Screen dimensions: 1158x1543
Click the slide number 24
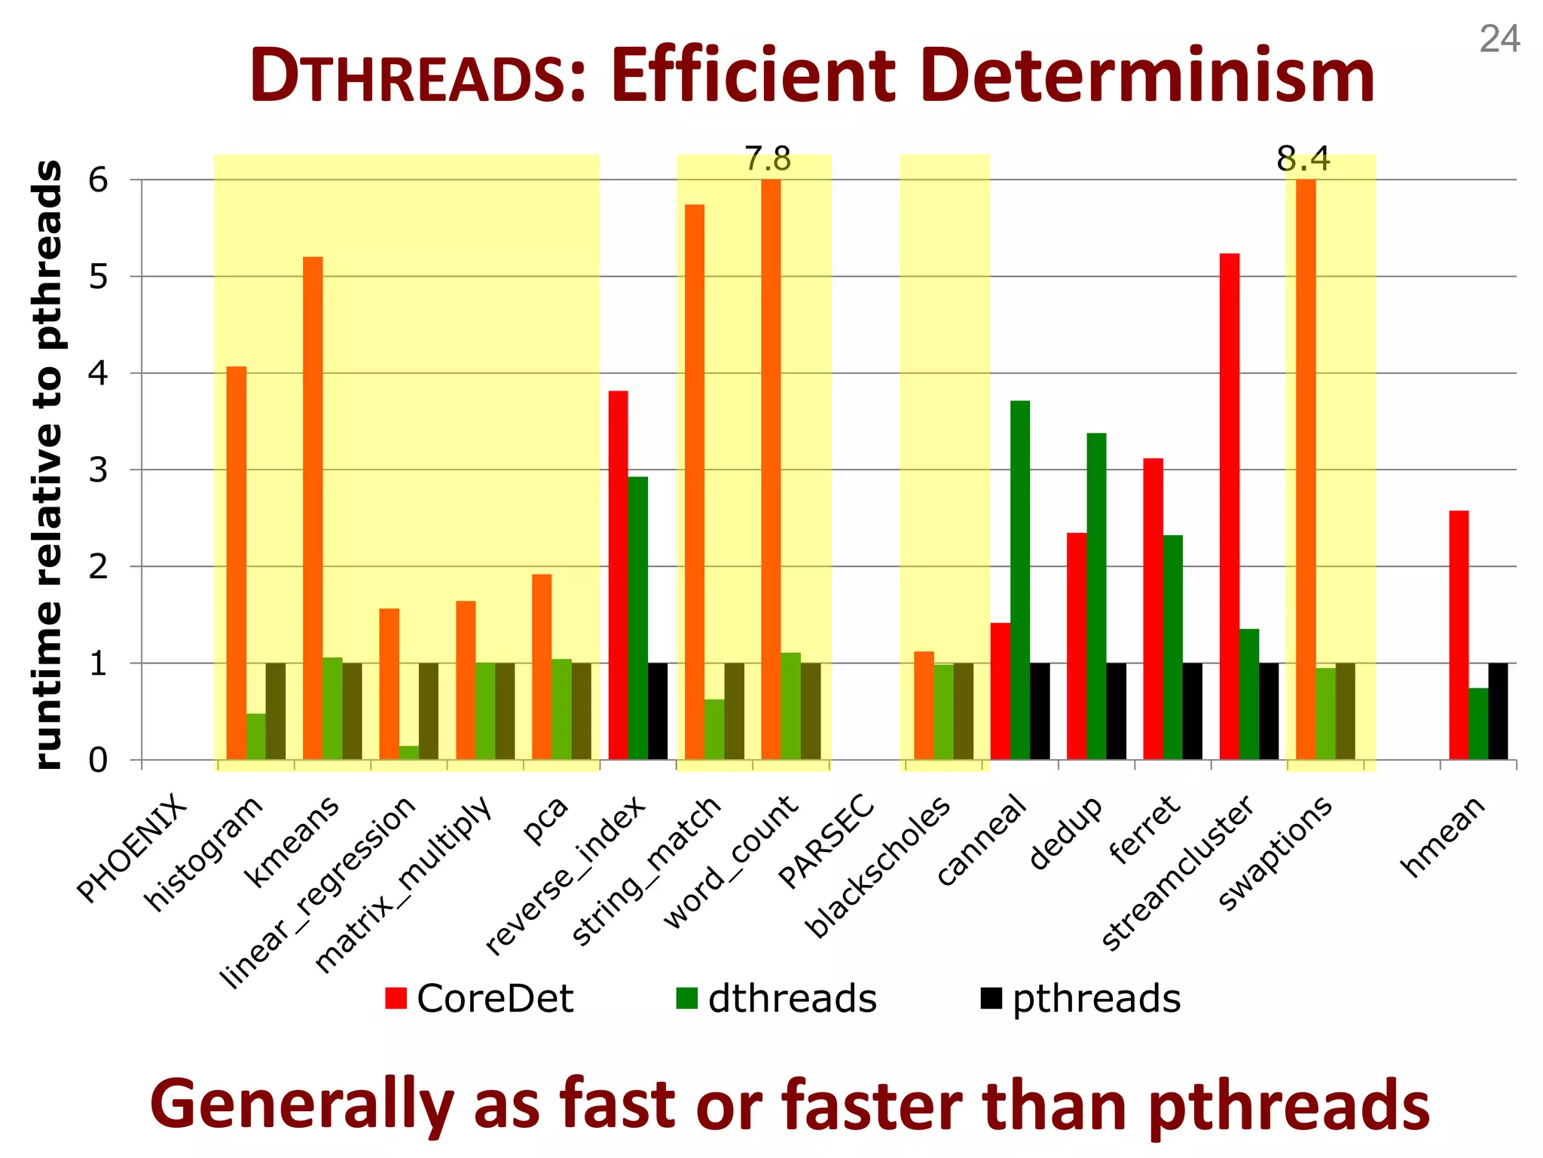point(1499,39)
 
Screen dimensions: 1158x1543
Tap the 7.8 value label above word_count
point(768,160)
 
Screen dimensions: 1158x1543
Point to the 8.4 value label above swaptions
point(1303,160)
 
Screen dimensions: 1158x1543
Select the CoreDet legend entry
point(479,998)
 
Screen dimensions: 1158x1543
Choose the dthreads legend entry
point(777,998)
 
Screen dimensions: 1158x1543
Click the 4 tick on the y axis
point(98,373)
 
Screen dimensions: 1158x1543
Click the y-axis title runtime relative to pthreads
point(48,464)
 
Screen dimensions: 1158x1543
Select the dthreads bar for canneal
point(1020,581)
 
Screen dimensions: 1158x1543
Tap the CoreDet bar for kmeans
point(313,508)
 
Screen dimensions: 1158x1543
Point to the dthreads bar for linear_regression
point(408,752)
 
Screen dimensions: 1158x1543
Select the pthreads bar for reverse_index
point(657,711)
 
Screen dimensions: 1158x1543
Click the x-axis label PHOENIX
point(132,848)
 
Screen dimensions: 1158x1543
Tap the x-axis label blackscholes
point(878,867)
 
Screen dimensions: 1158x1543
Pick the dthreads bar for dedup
point(1096,596)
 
